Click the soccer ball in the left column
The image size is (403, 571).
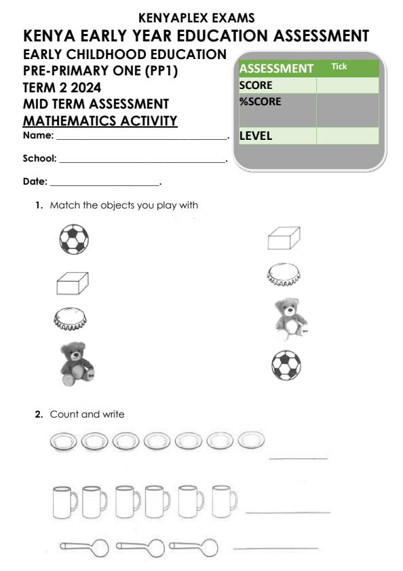73,239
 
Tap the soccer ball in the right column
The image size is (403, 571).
286,365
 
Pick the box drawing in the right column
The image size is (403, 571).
284,238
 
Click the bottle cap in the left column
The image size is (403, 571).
71,317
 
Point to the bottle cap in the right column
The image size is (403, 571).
284,274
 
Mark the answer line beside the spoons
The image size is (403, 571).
275,547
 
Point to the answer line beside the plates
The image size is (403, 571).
299,458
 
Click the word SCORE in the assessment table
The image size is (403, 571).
256,86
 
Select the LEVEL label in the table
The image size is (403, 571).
256,136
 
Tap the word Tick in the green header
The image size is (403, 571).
338,67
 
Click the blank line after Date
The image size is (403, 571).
104,184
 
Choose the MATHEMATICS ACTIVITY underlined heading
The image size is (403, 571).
100,122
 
